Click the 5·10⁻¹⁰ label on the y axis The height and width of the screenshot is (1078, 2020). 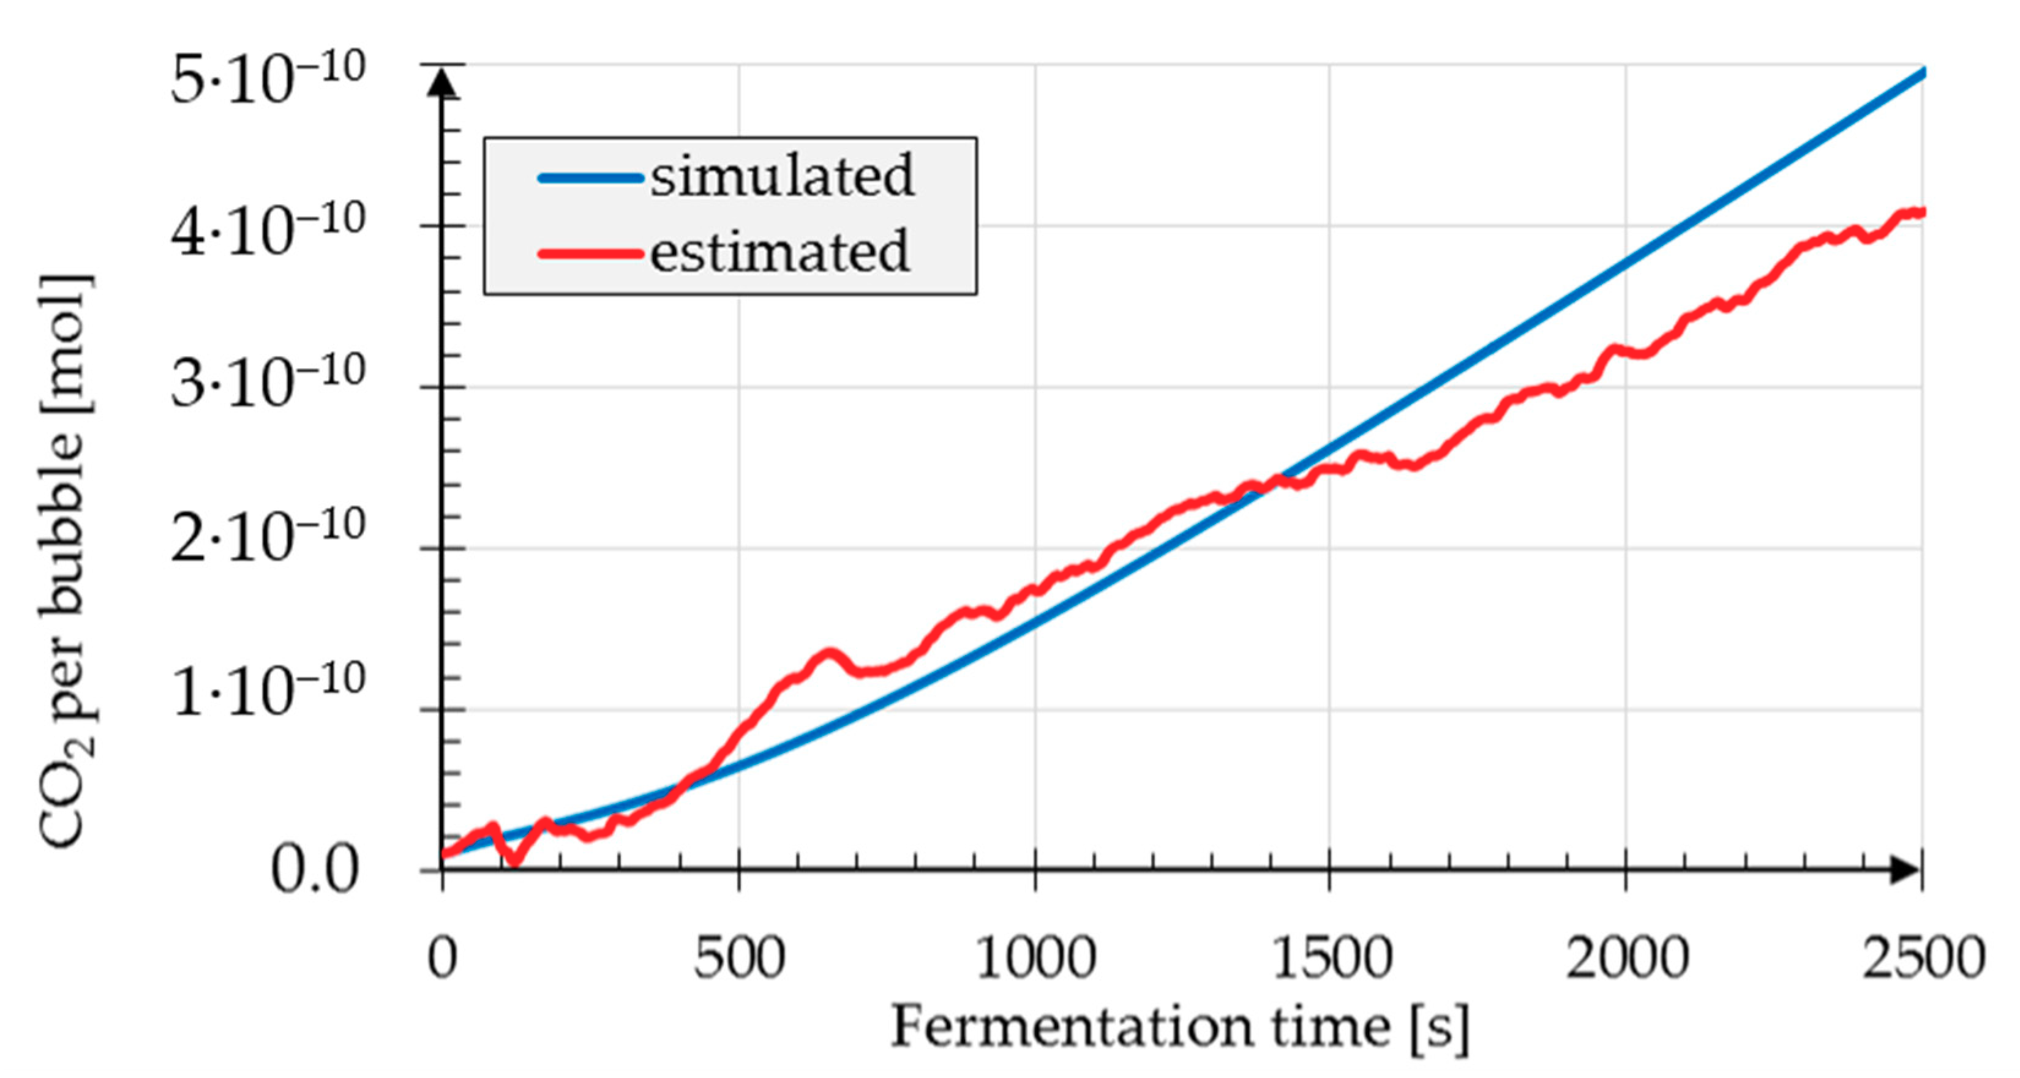266,78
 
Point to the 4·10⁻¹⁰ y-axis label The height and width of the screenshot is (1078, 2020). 266,231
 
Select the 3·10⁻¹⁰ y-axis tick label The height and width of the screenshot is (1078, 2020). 266,383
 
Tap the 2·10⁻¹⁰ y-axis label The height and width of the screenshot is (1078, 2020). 266,537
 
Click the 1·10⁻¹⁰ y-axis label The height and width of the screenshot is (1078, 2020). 266,690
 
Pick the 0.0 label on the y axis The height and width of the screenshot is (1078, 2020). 314,870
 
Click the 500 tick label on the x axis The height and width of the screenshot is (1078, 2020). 738,958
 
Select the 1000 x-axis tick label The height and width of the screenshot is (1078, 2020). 1035,958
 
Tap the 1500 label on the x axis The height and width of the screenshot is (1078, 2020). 1331,958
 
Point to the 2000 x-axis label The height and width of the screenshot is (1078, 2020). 1626,958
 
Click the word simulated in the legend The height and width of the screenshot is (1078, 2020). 782,176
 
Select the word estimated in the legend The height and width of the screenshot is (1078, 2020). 779,252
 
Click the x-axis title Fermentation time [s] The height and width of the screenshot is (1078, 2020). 1180,1027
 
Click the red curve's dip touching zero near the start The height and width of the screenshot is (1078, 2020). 514,862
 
